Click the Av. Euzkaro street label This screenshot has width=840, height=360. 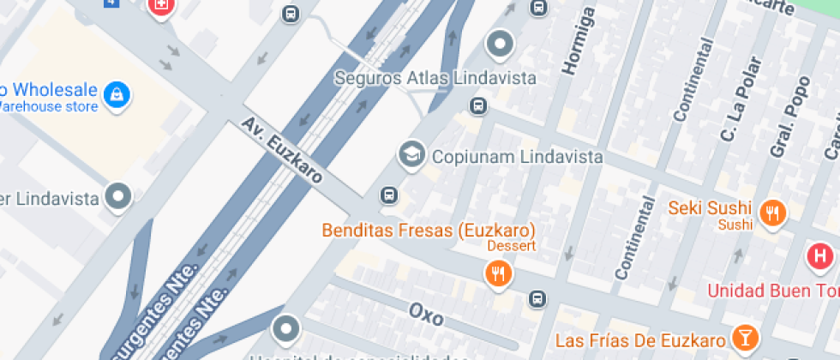[x=282, y=151]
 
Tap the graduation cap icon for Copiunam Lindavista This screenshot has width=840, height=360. [x=412, y=155]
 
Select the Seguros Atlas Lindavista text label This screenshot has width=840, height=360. [x=435, y=78]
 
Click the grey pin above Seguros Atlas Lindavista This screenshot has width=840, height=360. [x=499, y=43]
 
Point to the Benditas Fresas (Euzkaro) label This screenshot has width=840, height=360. [x=429, y=230]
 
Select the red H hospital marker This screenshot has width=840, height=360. [x=819, y=256]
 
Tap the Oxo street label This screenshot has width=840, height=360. [x=426, y=315]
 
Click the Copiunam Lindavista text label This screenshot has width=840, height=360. [x=505, y=157]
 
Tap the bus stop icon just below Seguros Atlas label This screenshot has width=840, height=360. [x=477, y=106]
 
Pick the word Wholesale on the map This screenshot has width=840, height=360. [x=56, y=89]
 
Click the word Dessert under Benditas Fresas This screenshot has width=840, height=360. [x=512, y=246]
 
